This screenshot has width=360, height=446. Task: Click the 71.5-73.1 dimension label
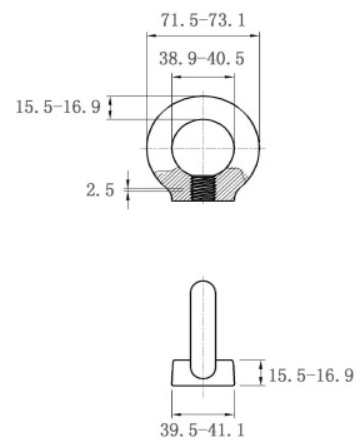[x=203, y=20]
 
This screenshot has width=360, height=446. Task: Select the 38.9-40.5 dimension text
[x=202, y=59]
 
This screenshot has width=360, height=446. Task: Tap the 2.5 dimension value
[x=100, y=190]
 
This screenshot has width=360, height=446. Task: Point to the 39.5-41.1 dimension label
[x=202, y=430]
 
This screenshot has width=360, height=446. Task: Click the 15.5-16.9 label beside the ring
[x=58, y=107]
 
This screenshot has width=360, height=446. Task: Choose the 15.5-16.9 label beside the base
[x=311, y=375]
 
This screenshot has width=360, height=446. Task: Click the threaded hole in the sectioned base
[x=203, y=189]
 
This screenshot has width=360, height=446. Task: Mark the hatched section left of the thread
[x=176, y=185]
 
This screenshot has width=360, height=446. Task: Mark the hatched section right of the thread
[x=231, y=185]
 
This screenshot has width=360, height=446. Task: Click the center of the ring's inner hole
[x=203, y=148]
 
